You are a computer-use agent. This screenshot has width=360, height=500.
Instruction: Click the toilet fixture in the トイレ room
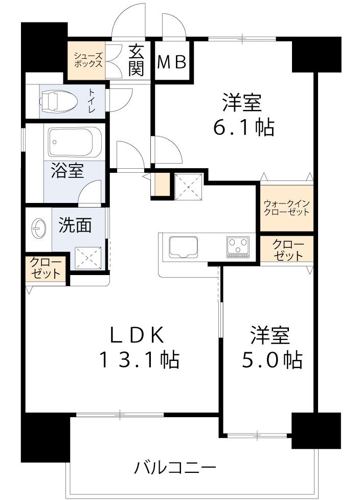[59, 100]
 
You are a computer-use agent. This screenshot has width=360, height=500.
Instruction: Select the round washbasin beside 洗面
[39, 226]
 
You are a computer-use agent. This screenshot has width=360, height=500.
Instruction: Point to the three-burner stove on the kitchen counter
[238, 245]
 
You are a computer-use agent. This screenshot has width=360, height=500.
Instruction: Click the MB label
[174, 62]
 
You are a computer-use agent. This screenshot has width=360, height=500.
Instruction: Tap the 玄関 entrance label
[136, 60]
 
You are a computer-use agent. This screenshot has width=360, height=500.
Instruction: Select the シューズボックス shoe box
[87, 60]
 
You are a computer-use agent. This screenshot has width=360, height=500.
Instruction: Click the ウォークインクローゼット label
[286, 207]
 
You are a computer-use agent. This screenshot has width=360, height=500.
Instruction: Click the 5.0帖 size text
[271, 360]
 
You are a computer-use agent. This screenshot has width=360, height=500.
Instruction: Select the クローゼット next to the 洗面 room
[47, 268]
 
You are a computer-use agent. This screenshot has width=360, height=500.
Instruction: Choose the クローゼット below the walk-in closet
[286, 249]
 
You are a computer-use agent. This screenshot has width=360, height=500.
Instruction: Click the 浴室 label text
[66, 171]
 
